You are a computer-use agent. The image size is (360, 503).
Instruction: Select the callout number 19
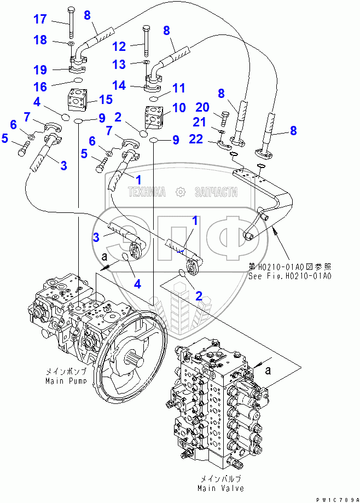click(40, 70)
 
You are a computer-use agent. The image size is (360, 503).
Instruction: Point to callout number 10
click(179, 109)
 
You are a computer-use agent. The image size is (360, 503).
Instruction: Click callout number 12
click(119, 47)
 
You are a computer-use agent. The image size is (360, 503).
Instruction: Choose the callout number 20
click(202, 107)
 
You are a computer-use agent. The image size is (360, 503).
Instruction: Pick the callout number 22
click(199, 140)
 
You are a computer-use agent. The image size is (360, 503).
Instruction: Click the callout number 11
click(178, 88)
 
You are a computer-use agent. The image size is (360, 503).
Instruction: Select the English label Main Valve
click(222, 488)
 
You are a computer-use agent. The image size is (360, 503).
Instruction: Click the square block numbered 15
click(78, 100)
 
